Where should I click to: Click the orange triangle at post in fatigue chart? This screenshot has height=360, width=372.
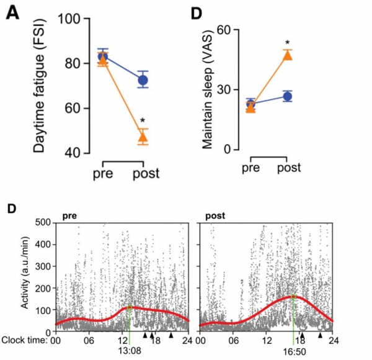click(x=143, y=137)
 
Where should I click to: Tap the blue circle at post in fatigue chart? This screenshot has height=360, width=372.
click(x=143, y=79)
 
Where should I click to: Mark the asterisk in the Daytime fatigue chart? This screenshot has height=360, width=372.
click(x=143, y=120)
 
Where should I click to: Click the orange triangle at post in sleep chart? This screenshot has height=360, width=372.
click(x=288, y=56)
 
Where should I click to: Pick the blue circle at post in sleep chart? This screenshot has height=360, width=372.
click(x=288, y=96)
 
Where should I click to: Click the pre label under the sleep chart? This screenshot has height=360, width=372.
click(x=250, y=168)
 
